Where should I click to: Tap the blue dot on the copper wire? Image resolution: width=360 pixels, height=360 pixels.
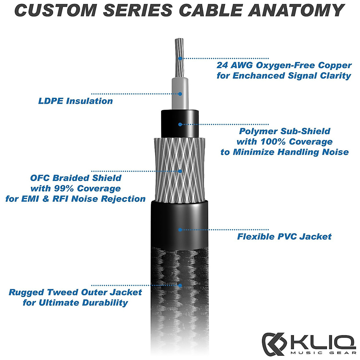tap(180, 58)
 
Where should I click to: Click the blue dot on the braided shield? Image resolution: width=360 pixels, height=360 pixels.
tap(180, 171)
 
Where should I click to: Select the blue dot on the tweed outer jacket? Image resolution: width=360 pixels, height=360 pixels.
tap(180, 285)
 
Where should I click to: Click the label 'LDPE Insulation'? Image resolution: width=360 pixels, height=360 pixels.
tap(75, 101)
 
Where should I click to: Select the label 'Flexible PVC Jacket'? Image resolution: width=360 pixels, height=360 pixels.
tap(284, 237)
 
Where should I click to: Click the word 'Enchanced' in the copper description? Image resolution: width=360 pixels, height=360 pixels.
tap(259, 76)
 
